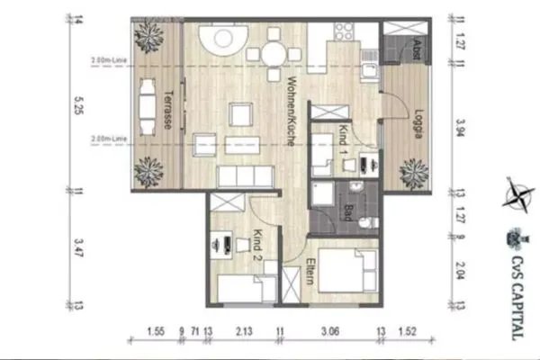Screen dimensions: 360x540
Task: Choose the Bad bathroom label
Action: (x=347, y=212)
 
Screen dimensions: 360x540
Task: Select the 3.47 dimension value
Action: (x=79, y=248)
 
